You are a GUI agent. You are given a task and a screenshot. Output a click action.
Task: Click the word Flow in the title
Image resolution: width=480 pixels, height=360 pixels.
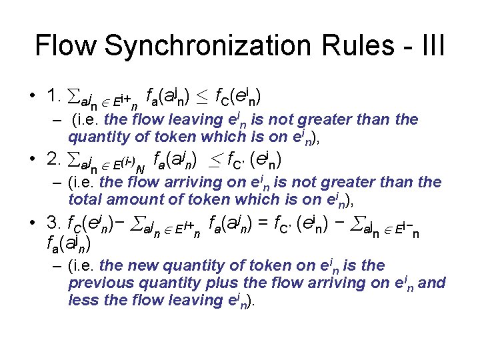tap(67, 46)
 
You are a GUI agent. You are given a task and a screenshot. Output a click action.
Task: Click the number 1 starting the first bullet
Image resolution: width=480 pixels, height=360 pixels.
tap(53, 97)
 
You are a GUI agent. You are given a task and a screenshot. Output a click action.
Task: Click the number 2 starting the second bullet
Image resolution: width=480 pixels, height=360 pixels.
tap(53, 160)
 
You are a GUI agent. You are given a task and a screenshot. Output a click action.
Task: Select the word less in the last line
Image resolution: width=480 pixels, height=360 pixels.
tap(83, 299)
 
